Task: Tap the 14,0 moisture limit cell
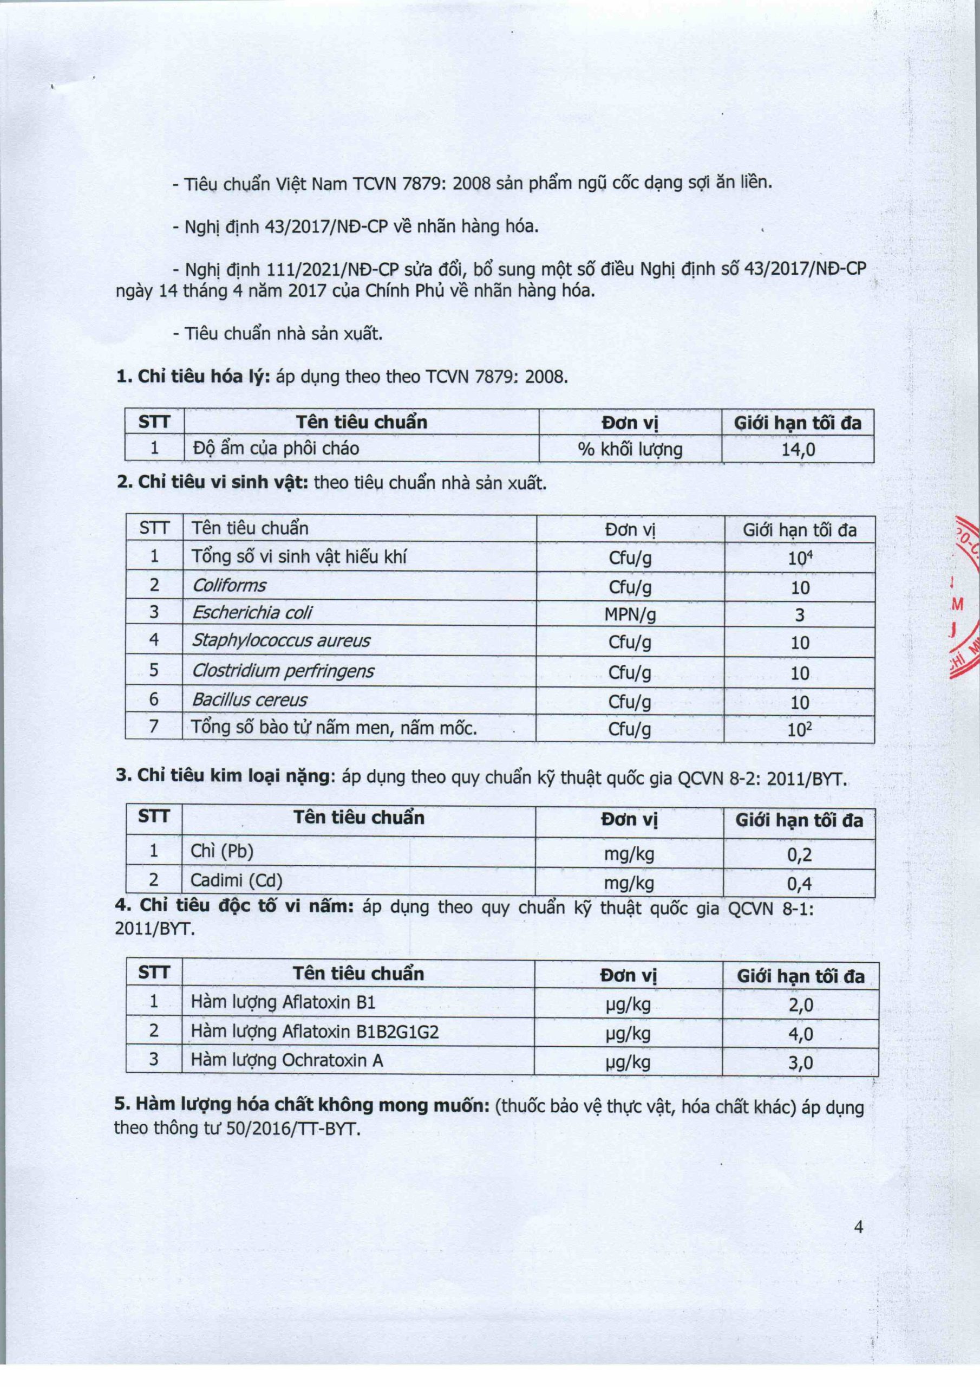(798, 449)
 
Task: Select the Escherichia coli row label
(252, 613)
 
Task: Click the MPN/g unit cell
(630, 614)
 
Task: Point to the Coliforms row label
(229, 585)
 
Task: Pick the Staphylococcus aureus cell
(281, 640)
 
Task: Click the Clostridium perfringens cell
(283, 671)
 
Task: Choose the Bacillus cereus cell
(249, 700)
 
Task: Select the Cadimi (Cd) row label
(237, 881)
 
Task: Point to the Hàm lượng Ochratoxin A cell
(287, 1060)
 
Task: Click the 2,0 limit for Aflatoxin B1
(801, 1004)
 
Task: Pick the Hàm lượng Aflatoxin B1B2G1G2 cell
(315, 1031)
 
